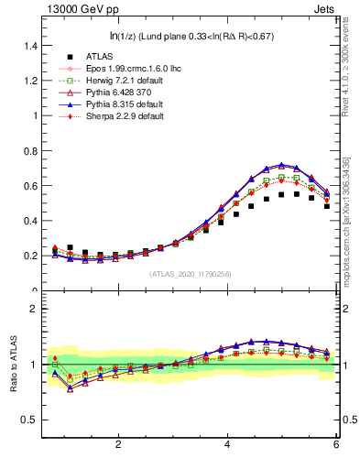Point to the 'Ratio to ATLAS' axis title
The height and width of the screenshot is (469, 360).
tap(13, 364)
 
